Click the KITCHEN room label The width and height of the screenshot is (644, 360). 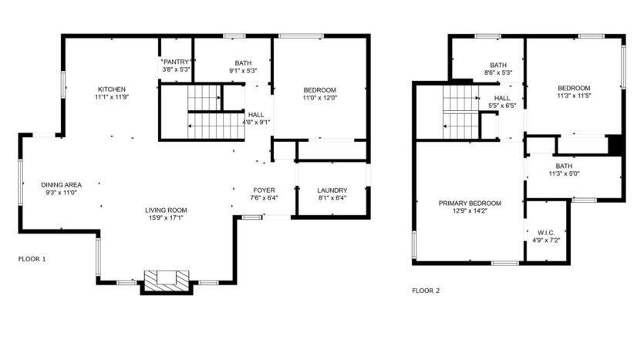click(112, 89)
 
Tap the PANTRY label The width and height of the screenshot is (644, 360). click(176, 62)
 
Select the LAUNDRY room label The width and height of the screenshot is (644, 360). click(332, 190)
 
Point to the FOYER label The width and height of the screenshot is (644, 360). click(264, 190)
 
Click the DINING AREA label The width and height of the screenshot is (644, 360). click(61, 185)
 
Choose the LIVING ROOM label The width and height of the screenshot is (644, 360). click(166, 210)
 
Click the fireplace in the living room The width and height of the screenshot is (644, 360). click(167, 281)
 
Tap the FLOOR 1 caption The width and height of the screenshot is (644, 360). click(32, 259)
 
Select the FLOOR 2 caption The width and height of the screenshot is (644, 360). click(426, 291)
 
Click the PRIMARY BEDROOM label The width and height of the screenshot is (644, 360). click(470, 204)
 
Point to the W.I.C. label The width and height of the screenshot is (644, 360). click(546, 233)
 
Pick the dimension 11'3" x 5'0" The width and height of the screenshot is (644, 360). click(564, 173)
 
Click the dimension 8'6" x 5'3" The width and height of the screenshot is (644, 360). click(498, 72)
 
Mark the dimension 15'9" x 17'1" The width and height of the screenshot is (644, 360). click(166, 218)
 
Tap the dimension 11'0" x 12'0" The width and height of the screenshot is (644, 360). click(319, 98)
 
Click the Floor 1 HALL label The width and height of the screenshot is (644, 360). click(256, 115)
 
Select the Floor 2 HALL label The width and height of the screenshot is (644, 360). click(502, 98)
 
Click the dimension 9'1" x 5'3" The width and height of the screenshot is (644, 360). click(243, 71)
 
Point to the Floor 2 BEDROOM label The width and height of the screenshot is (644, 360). click(574, 88)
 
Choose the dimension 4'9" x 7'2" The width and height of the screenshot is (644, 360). click(546, 241)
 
